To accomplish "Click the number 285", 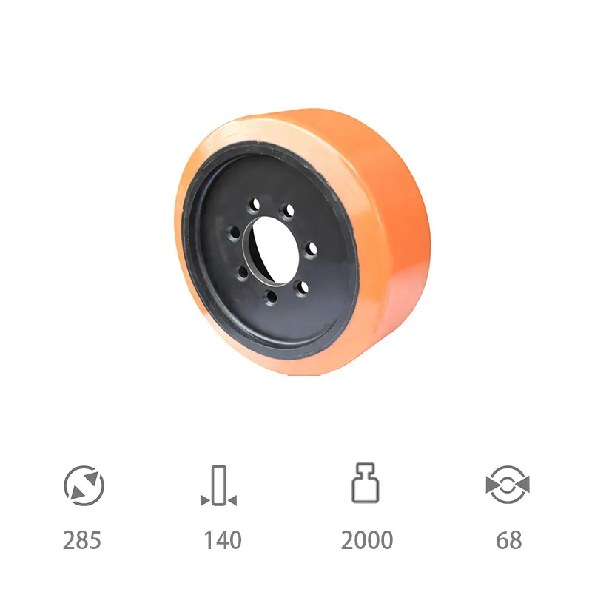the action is coord(82,540).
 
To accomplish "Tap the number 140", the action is coord(223,540).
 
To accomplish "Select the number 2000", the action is coord(367,540).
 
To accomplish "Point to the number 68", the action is coord(509,540).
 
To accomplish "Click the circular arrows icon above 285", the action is coord(84,485).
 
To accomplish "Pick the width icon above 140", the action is coord(218,485).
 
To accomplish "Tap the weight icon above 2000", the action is coord(366,483).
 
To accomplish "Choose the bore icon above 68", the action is coord(508,485).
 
